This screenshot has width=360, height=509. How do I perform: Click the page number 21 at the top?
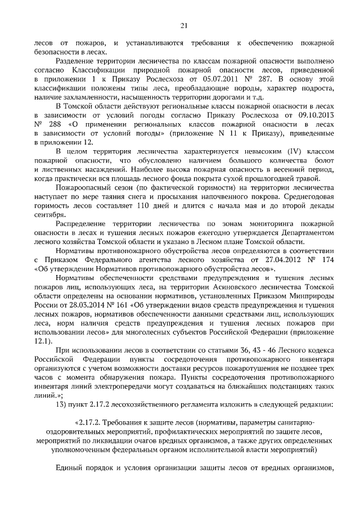pyautogui.click(x=183, y=25)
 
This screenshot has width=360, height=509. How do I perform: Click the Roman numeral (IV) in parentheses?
pyautogui.click(x=246, y=151)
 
